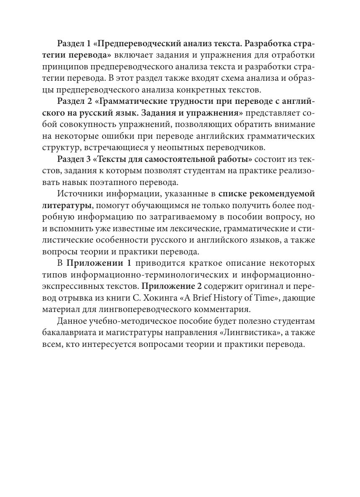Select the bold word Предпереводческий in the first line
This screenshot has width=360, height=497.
coord(137,44)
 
